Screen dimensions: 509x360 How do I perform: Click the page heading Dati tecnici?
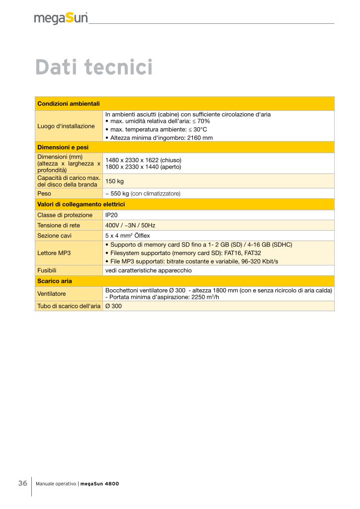point(93,68)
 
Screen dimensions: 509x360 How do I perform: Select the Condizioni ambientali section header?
point(69,103)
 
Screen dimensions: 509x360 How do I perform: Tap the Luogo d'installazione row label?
point(66,126)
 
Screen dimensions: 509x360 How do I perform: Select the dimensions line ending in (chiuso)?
point(143,160)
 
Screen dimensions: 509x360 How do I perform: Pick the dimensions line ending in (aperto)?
point(143,167)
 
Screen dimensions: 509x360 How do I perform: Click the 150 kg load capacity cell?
point(114,181)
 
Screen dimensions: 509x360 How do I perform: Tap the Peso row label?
point(45,193)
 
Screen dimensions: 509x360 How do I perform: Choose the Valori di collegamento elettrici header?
point(81,204)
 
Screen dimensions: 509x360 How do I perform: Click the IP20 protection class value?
point(111,215)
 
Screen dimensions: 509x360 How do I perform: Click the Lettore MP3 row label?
point(54,253)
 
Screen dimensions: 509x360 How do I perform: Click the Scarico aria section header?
point(55,281)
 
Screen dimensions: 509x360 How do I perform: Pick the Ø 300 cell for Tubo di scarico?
point(113,306)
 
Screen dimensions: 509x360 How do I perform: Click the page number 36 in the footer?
point(23,483)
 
